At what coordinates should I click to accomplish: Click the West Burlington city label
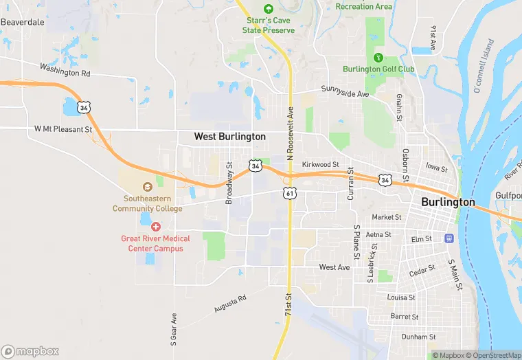pos(229,137)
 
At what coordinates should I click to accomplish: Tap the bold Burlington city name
pos(448,202)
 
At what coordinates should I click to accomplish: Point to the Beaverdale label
pos(22,22)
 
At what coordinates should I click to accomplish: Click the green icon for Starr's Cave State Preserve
pos(268,9)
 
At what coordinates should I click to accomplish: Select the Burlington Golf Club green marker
pos(377,58)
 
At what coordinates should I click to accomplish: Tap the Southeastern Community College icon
pos(148,187)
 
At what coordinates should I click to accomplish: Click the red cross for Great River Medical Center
pos(156,226)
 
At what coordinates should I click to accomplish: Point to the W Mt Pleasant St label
pos(63,129)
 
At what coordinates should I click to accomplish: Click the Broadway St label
pos(229,183)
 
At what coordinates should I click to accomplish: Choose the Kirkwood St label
pos(321,165)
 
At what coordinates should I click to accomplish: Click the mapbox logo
pos(30,351)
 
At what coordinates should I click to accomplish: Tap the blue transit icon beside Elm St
pos(449,238)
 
